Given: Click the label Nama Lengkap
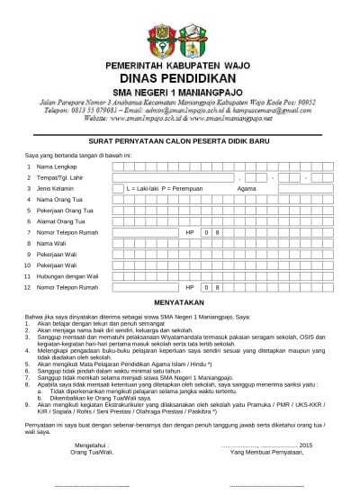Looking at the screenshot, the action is coord(57,167).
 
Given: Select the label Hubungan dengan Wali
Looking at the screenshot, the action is coord(67,275).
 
